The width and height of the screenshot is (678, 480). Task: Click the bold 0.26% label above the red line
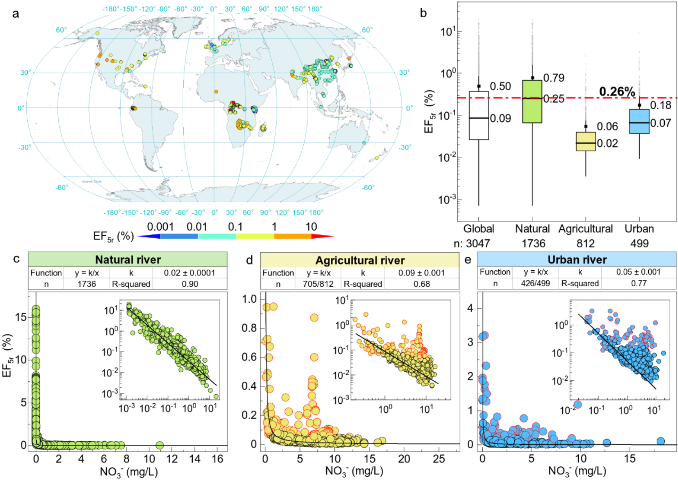pos(617,92)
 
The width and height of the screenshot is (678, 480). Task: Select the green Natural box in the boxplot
pos(532,102)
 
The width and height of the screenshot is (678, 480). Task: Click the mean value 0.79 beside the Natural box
pos(554,78)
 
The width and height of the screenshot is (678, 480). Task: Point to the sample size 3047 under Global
pos(478,243)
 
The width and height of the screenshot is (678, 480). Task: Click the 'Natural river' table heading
pos(128,260)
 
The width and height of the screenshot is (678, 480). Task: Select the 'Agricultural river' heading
pos(360,260)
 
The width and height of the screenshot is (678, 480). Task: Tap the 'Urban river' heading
pos(577,260)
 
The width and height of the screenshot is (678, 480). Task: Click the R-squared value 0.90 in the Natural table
pos(190,284)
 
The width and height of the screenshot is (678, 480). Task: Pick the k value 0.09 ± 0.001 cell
pos(421,273)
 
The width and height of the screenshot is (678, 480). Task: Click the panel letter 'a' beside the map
pos(16,14)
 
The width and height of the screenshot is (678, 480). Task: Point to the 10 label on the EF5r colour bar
pos(311,227)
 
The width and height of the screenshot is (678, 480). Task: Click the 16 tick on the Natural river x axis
pos(217,458)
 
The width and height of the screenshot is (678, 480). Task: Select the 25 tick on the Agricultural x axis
pos(440,458)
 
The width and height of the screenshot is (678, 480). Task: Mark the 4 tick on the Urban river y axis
pos(470,308)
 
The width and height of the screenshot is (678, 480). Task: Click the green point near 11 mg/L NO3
pos(159,445)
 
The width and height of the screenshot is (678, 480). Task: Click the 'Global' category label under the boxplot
pos(478,228)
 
